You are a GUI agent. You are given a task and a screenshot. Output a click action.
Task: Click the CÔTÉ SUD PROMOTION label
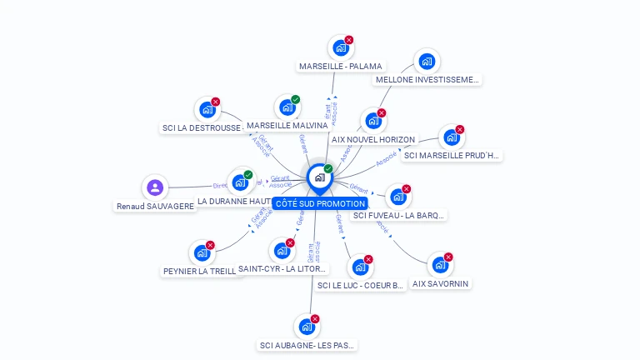pyautogui.click(x=320, y=203)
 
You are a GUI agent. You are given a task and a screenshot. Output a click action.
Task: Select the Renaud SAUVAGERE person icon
pyautogui.click(x=154, y=187)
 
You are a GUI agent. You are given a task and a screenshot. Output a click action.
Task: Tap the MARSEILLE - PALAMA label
pyautogui.click(x=340, y=66)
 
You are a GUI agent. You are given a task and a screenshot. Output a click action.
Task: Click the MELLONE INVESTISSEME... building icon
pyautogui.click(x=427, y=61)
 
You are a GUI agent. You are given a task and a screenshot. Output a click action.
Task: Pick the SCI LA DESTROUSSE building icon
pyautogui.click(x=206, y=109)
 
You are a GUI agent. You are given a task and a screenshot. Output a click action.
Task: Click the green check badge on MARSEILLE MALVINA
pyautogui.click(x=296, y=99)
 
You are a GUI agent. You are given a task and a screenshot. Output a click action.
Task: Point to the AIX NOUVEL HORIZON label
pyautogui.click(x=372, y=139)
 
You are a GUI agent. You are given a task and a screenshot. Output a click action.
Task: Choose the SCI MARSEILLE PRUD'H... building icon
pyautogui.click(x=450, y=137)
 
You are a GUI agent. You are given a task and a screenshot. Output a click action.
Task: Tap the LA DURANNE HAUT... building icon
pyautogui.click(x=240, y=182)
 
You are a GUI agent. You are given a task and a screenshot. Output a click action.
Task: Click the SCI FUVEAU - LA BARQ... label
pyautogui.click(x=399, y=215)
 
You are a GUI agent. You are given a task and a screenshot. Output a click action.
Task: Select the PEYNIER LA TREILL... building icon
pyautogui.click(x=201, y=252)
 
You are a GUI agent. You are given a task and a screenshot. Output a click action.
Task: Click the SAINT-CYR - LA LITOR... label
pyautogui.click(x=282, y=268)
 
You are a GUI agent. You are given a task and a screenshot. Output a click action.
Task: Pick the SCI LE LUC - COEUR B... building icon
pyautogui.click(x=359, y=267)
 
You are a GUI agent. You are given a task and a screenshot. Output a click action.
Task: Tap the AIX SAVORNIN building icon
pyautogui.click(x=439, y=265)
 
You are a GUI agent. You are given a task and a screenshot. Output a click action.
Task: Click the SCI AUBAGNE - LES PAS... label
pyautogui.click(x=307, y=345)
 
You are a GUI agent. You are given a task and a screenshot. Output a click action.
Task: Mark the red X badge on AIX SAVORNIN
pyautogui.click(x=448, y=257)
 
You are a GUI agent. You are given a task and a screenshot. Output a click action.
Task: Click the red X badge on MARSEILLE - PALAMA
pyautogui.click(x=349, y=39)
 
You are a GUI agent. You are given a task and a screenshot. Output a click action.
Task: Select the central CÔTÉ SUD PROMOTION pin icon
pyautogui.click(x=318, y=177)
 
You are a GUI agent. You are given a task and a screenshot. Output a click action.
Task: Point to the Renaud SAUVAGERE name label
pyautogui.click(x=156, y=206)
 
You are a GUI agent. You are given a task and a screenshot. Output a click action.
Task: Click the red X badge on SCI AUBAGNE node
pyautogui.click(x=315, y=318)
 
